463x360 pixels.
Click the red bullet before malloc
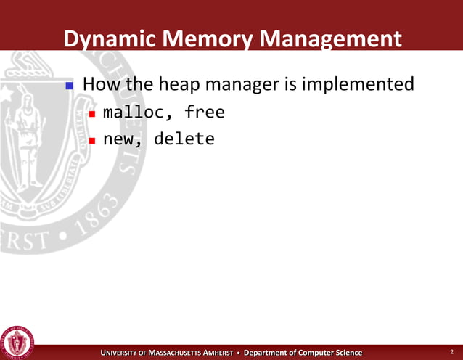[92, 114]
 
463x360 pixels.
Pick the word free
[205, 112]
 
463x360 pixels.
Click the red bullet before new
[92, 139]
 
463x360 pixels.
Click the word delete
[184, 138]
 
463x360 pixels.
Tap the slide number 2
[450, 352]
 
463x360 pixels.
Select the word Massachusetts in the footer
[189, 353]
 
